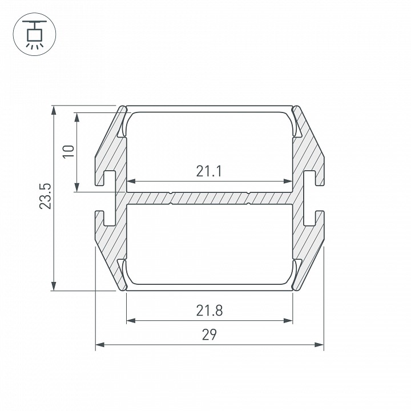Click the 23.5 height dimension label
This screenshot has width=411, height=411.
point(45,196)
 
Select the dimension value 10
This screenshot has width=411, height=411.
point(68,151)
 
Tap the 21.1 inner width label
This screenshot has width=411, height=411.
point(209,171)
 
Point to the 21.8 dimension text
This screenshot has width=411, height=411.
point(209,311)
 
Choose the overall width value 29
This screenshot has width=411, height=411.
point(209,335)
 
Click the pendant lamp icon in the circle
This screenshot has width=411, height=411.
point(34,34)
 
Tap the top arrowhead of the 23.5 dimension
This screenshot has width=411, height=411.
point(54,110)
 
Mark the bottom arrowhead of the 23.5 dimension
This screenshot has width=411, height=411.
point(54,286)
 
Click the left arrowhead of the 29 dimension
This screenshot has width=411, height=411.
point(100,344)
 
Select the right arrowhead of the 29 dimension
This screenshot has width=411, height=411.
point(319,344)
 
